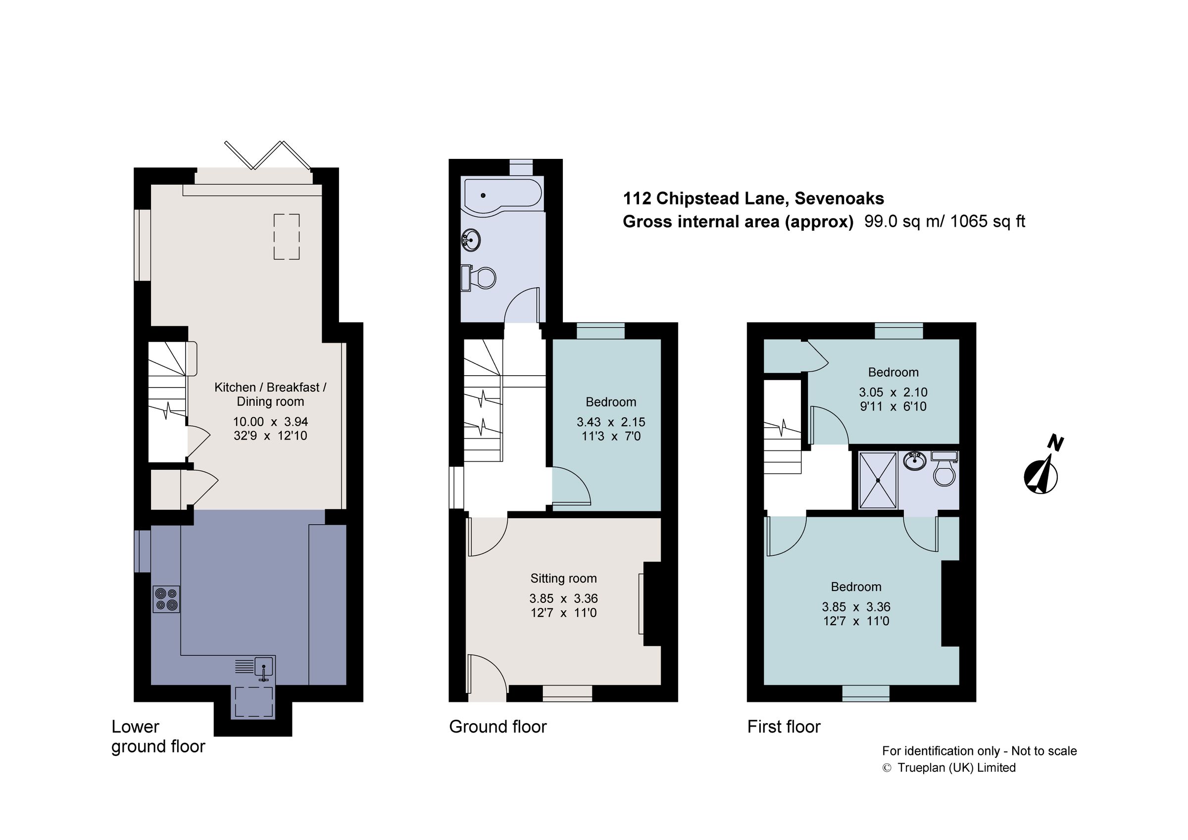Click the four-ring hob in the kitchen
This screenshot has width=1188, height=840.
167,599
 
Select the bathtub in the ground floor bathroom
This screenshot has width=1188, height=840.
502,195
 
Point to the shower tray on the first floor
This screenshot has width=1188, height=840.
878,480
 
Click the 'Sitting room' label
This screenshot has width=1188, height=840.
563,579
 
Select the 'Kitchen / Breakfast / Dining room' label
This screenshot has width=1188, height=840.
270,395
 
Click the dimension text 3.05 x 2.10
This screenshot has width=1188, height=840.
893,392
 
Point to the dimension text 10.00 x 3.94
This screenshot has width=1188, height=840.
270,422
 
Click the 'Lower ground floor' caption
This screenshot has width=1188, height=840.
158,737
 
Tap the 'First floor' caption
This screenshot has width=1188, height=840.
784,727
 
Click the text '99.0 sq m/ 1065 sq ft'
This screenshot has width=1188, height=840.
945,222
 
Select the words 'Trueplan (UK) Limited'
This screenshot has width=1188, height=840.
956,768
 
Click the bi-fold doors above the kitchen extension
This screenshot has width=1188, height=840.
267,155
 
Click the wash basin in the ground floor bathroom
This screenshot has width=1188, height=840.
471,240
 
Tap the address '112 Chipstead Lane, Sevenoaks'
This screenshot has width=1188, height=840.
753,198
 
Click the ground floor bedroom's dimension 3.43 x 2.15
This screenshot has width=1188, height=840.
610,422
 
